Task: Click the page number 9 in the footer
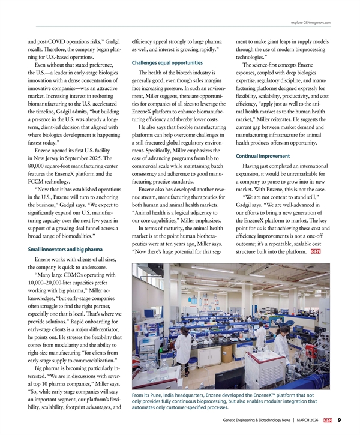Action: pyautogui.click(x=340, y=420)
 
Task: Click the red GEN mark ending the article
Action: pyautogui.click(x=316, y=252)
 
